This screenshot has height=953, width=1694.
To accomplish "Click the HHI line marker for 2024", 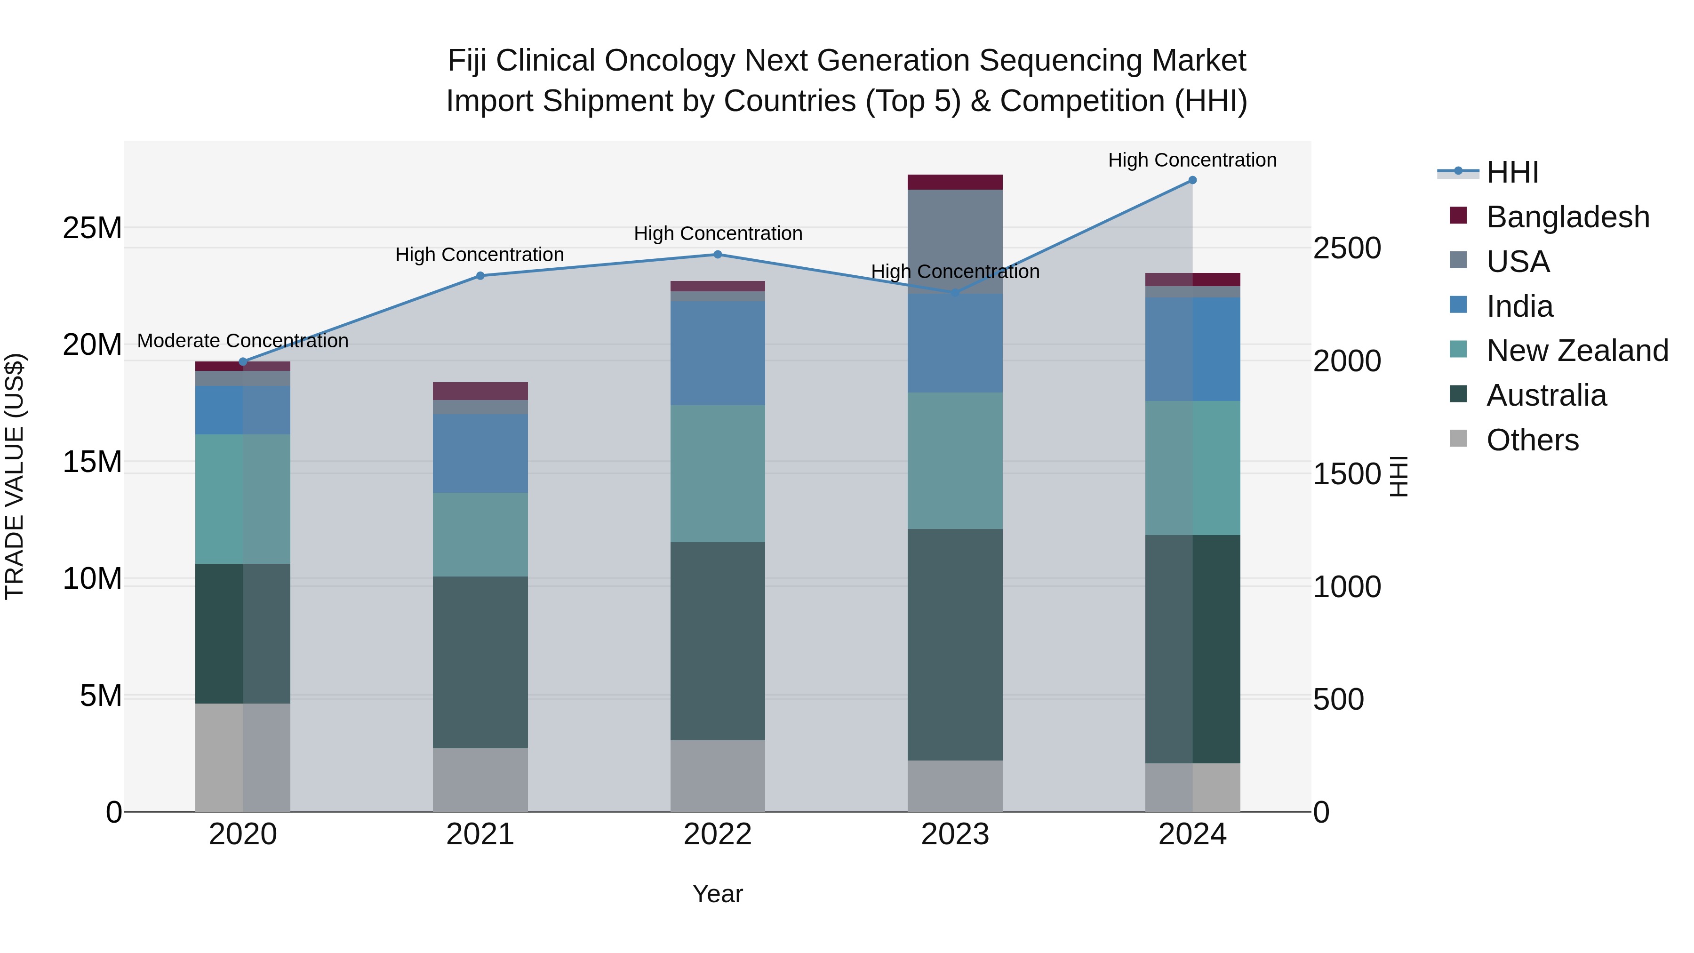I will pos(1192,180).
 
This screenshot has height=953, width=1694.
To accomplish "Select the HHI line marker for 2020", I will pos(243,362).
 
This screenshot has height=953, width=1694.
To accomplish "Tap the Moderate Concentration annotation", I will pos(243,341).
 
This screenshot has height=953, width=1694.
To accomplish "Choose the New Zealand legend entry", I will pos(1576,351).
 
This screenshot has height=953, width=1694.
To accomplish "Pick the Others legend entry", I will pos(1532,440).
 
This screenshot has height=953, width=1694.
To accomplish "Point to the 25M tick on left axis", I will pos(92,228).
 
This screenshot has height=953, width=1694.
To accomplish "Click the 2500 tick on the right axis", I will pos(1347,248).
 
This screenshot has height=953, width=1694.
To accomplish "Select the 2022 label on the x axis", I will pos(718,834).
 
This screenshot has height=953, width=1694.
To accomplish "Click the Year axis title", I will pos(718,894).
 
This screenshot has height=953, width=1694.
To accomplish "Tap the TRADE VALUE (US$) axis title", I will pos(15,476).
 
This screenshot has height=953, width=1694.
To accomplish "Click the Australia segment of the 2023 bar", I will pos(955,645).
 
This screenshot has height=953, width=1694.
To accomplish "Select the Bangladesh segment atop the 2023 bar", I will pos(955,182).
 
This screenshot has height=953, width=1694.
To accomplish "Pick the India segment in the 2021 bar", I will pos(480,453).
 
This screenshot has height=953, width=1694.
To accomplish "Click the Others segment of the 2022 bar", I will pos(718,776).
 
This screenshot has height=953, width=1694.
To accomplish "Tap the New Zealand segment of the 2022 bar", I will pos(718,473).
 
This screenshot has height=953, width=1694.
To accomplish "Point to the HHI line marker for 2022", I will pos(718,255).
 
